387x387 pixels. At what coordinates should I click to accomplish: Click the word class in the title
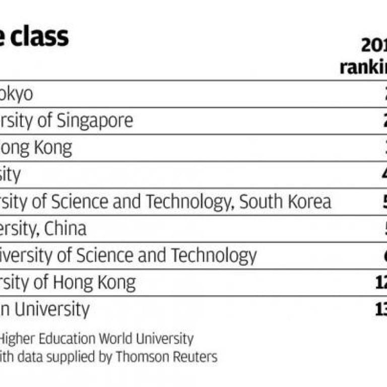[40, 37]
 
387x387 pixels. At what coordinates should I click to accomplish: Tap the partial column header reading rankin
[363, 67]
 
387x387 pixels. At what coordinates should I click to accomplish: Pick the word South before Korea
[260, 202]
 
